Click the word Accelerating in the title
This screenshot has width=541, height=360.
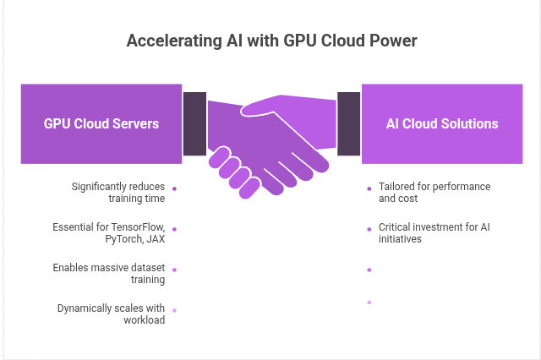pyautogui.click(x=170, y=40)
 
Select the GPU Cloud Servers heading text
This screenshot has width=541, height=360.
pyautogui.click(x=101, y=123)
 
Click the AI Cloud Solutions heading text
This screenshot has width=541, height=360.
pyautogui.click(x=442, y=123)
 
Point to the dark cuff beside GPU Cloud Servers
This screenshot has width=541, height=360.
pyautogui.click(x=194, y=123)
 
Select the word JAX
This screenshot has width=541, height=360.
pyautogui.click(x=154, y=239)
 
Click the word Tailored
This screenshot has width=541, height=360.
pyautogui.click(x=396, y=187)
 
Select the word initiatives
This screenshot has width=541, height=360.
pyautogui.click(x=401, y=239)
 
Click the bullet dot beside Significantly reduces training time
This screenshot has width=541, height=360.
pyautogui.click(x=174, y=188)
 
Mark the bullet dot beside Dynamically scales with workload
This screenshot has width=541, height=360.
pyautogui.click(x=174, y=310)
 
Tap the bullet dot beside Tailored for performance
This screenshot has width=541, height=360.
pyautogui.click(x=369, y=188)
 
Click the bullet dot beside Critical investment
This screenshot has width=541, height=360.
pyautogui.click(x=369, y=228)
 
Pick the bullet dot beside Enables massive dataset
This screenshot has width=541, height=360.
pyautogui.click(x=174, y=270)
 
